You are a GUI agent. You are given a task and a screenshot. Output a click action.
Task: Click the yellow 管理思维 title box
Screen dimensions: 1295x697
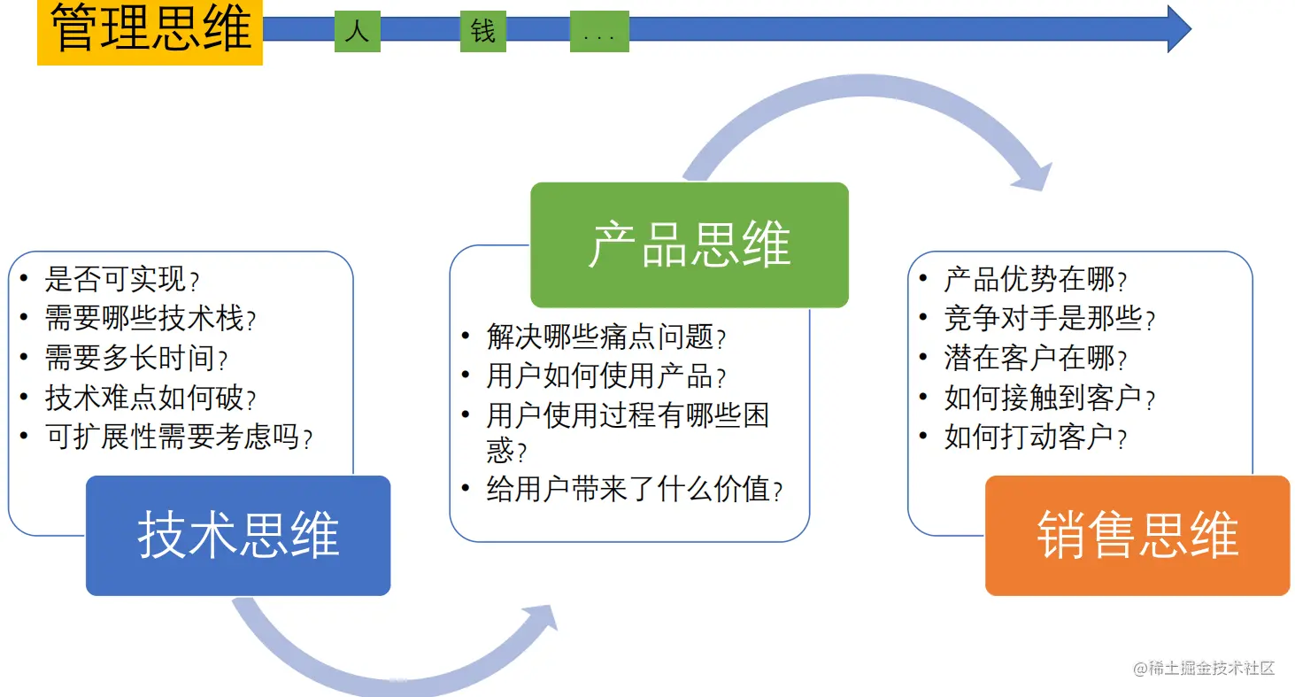pyautogui.click(x=150, y=32)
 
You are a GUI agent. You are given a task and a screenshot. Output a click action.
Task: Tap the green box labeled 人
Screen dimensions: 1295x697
pyautogui.click(x=358, y=31)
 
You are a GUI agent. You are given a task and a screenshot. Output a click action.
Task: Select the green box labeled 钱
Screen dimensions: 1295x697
pyautogui.click(x=483, y=31)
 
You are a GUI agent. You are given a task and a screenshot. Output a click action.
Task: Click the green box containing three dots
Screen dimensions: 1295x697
pyautogui.click(x=599, y=31)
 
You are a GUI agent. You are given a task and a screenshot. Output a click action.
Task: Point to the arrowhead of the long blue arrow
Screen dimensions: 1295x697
pyautogui.click(x=1179, y=29)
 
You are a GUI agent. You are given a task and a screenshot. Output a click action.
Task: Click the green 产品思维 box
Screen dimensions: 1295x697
pyautogui.click(x=690, y=244)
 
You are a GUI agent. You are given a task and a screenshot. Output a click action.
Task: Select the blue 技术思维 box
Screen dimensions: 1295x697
pyautogui.click(x=238, y=536)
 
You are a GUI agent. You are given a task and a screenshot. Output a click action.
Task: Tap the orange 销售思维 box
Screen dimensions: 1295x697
pyautogui.click(x=1137, y=536)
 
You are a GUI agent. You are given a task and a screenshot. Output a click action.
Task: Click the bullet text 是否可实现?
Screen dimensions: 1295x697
pyautogui.click(x=122, y=279)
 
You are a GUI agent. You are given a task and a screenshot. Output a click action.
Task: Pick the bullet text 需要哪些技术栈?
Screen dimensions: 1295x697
pyautogui.click(x=150, y=319)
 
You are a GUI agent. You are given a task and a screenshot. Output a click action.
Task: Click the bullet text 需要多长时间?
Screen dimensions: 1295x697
pyautogui.click(x=136, y=358)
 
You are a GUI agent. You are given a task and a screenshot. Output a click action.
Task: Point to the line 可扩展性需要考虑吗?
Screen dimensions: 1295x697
pyautogui.click(x=179, y=437)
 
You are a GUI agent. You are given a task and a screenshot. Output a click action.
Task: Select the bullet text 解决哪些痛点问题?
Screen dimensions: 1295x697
pyautogui.click(x=606, y=337)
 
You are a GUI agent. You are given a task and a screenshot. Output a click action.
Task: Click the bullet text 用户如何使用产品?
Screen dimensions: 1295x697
pyautogui.click(x=606, y=376)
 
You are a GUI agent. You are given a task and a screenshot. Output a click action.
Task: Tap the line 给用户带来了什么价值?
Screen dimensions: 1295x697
pyautogui.click(x=635, y=490)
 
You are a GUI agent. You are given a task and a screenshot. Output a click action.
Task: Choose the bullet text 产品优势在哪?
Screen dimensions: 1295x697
pyautogui.click(x=1036, y=279)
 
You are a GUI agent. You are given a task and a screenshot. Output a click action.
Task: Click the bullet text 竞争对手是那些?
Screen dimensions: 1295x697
pyautogui.click(x=1050, y=319)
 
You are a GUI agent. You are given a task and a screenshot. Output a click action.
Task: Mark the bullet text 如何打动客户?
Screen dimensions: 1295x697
pyautogui.click(x=1036, y=437)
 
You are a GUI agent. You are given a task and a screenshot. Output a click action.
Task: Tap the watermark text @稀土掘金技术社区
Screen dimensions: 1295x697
pyautogui.click(x=1204, y=668)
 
